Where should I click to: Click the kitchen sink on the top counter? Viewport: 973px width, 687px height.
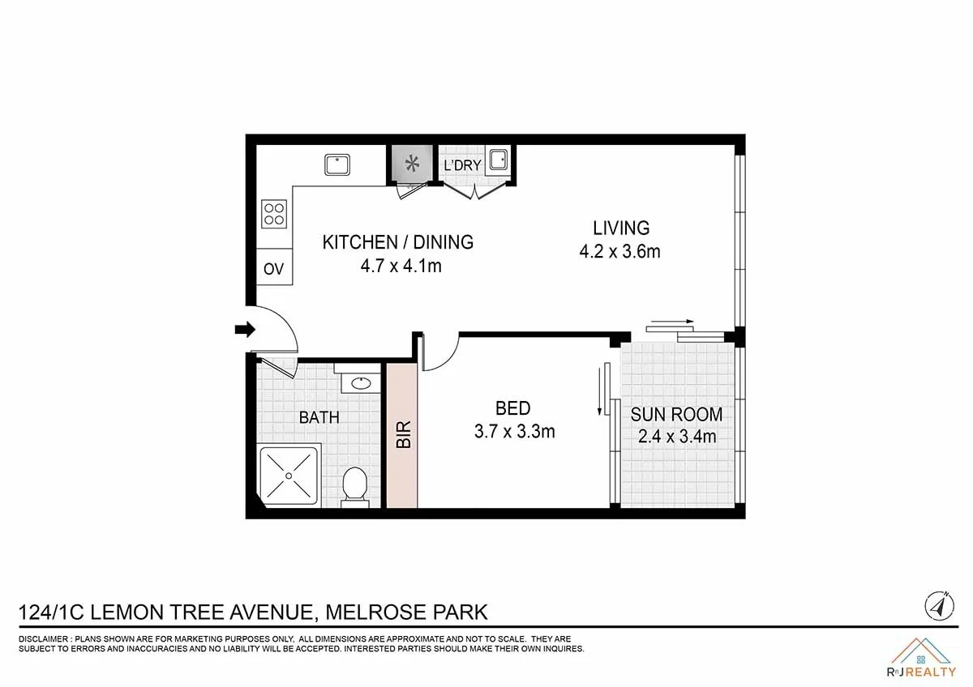coord(336,164)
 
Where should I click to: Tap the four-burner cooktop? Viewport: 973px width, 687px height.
coord(274,214)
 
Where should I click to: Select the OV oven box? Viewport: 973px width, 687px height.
coord(274,268)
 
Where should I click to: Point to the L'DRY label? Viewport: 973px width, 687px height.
coord(462,165)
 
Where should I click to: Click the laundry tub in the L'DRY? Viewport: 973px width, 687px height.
coord(498,160)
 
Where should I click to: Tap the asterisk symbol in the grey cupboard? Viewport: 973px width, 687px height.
coord(412,164)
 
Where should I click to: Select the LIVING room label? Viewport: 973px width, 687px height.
coord(621,228)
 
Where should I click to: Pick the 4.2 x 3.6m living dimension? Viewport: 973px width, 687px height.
coord(619,251)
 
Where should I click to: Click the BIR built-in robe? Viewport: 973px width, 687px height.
coord(401,435)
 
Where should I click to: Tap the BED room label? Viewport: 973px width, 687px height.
coord(513,408)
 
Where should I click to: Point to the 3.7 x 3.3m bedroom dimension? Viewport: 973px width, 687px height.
coord(514,431)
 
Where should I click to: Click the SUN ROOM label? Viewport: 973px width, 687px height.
coord(676,415)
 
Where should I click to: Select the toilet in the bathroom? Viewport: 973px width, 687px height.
coord(354,486)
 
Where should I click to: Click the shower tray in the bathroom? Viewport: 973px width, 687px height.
coord(289,476)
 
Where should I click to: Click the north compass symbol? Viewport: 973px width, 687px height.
coord(937,605)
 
